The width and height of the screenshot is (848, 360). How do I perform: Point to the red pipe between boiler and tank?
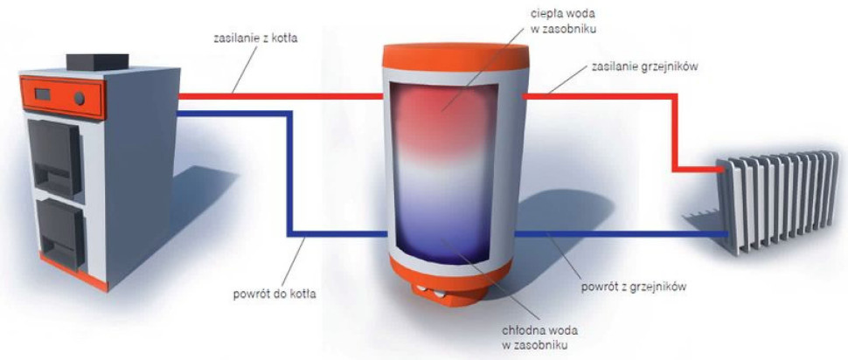pos(280,94)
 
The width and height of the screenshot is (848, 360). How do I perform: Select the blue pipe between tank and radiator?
pos(621,234)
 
